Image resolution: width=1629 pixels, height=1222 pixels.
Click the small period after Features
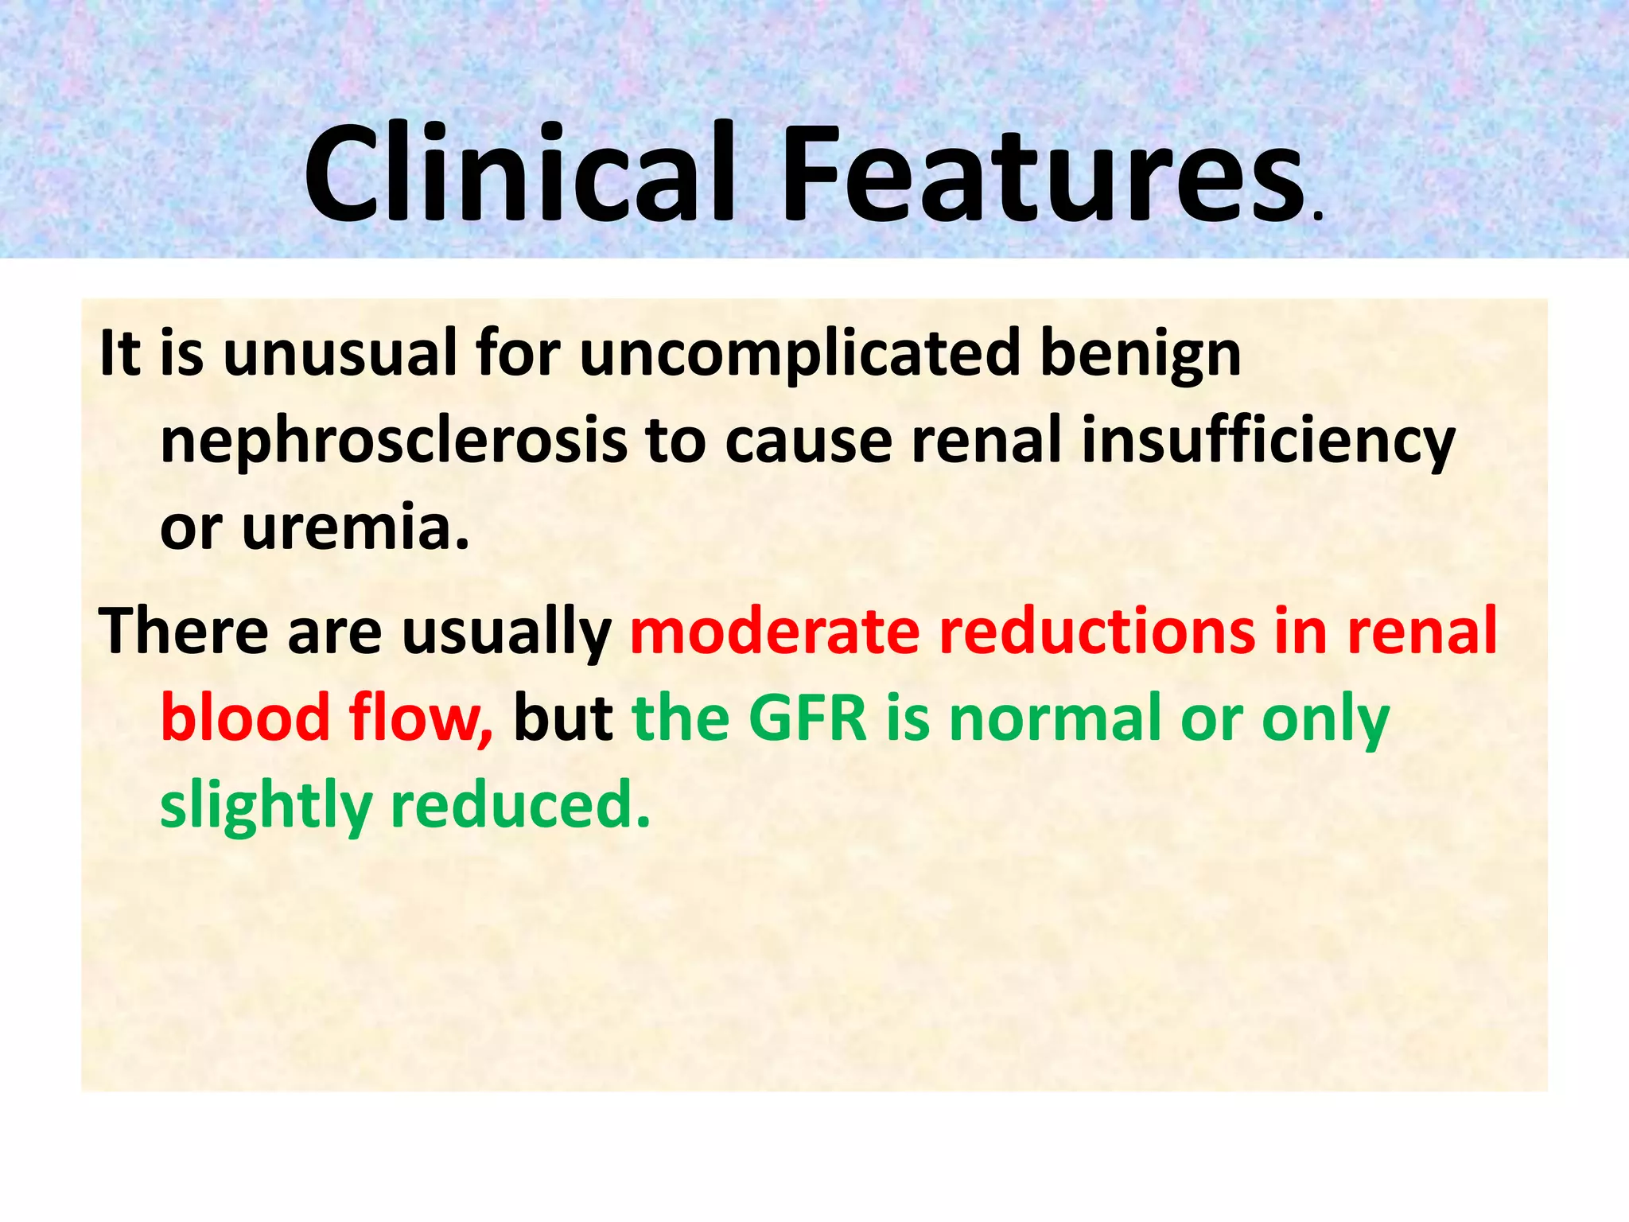(x=1318, y=215)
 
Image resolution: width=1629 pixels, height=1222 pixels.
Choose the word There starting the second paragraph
(x=184, y=631)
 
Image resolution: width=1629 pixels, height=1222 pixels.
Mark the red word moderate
(x=775, y=631)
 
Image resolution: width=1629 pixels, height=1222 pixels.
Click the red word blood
(x=245, y=717)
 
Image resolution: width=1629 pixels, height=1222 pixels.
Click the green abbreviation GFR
(x=807, y=717)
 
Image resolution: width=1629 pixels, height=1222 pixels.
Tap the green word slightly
(x=266, y=806)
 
